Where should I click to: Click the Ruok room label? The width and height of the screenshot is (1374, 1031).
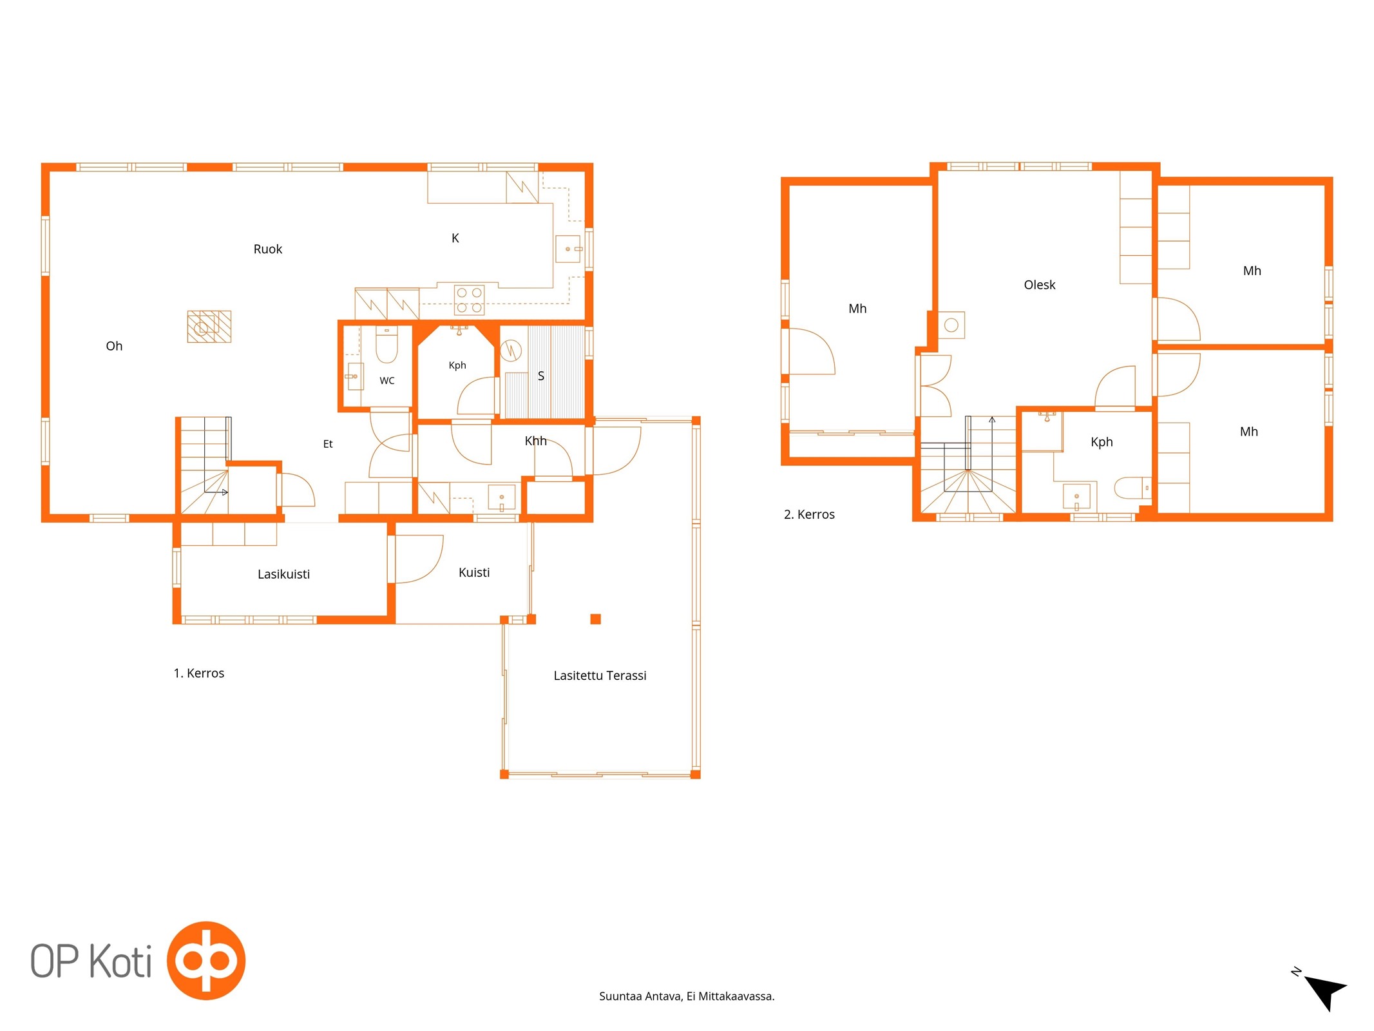pos(267,249)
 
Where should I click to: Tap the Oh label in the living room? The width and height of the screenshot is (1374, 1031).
pos(114,346)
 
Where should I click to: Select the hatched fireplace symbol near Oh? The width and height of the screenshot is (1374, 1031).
pos(209,326)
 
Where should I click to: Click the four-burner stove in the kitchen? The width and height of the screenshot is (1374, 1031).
pos(469,300)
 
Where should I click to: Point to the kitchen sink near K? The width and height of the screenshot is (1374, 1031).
pos(568,249)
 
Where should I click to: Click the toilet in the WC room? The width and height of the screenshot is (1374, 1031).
pos(386,345)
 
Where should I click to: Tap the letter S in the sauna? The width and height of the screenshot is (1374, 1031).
pos(541,376)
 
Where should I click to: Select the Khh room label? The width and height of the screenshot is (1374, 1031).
pos(535,441)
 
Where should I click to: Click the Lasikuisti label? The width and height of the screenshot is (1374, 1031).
pos(283,574)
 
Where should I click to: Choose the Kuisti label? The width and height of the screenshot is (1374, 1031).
pos(474,572)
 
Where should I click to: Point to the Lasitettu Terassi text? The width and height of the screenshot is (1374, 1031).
pos(600,675)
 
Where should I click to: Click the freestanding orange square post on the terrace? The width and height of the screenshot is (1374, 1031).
pos(595,619)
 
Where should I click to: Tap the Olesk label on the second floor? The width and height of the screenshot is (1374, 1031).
pos(1039,285)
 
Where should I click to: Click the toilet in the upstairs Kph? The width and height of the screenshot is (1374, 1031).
pos(1132,488)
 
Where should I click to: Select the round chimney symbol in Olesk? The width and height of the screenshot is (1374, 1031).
pos(951,325)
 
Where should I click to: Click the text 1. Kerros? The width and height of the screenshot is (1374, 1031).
pos(199,673)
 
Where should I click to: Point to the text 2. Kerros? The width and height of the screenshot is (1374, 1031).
pos(809,514)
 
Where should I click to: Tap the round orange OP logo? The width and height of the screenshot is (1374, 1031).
pos(206,961)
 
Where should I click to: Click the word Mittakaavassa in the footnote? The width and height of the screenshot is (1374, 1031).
pos(736,996)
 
